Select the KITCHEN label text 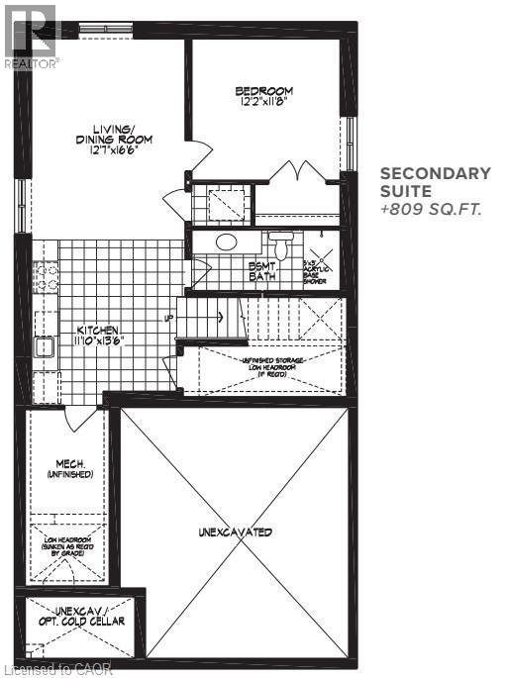coord(100,336)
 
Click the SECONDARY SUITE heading coord(435,183)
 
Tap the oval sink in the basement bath coord(227,242)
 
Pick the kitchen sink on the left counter coord(45,345)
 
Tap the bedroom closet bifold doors coord(300,170)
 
